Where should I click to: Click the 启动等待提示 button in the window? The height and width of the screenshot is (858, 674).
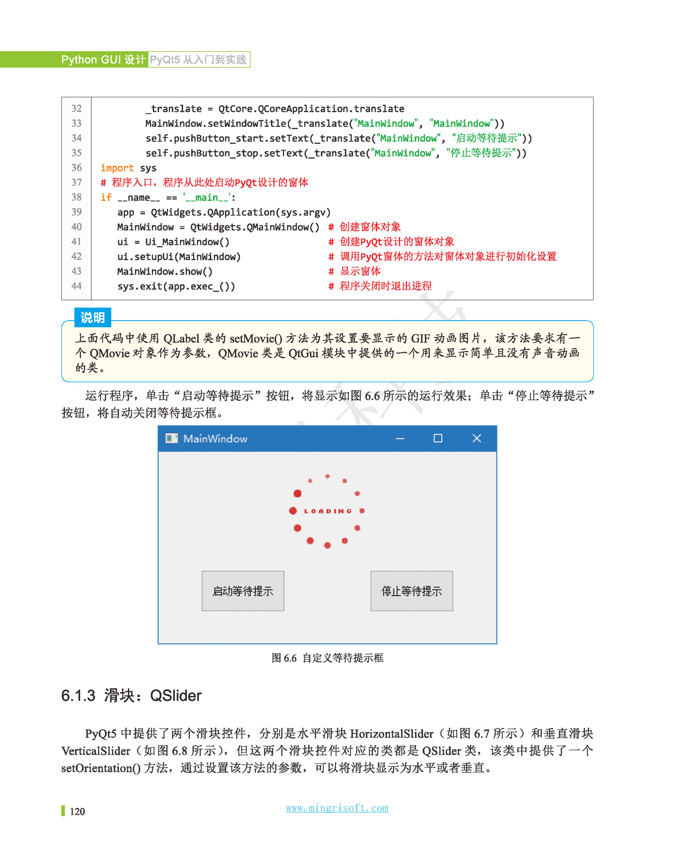[242, 591]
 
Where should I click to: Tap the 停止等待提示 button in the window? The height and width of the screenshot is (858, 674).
[411, 591]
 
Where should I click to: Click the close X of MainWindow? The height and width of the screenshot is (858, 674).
[476, 438]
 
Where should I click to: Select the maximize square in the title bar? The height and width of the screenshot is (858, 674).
[438, 438]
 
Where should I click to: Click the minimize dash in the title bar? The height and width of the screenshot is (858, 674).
[400, 439]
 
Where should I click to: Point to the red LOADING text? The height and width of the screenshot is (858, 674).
[328, 511]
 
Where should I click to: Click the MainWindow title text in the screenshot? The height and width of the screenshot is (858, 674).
[215, 439]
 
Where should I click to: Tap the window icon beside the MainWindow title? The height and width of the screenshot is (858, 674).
[171, 438]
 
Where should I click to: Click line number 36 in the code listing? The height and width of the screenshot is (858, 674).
[76, 168]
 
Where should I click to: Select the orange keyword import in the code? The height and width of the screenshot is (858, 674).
[117, 168]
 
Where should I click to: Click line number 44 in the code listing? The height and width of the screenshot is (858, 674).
[76, 286]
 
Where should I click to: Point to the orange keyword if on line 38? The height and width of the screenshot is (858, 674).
[106, 198]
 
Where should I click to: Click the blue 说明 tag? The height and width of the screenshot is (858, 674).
[93, 317]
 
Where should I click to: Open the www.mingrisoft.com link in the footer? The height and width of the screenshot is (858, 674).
[337, 808]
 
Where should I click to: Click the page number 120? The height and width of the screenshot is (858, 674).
[77, 812]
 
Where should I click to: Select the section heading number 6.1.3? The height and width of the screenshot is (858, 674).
[78, 696]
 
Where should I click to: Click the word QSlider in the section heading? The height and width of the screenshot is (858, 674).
[176, 696]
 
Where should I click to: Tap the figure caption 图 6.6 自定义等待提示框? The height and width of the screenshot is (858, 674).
[327, 658]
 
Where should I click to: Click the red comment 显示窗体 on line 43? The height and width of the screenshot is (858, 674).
[360, 271]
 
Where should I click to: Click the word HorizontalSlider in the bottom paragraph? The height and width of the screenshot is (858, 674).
[391, 733]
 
